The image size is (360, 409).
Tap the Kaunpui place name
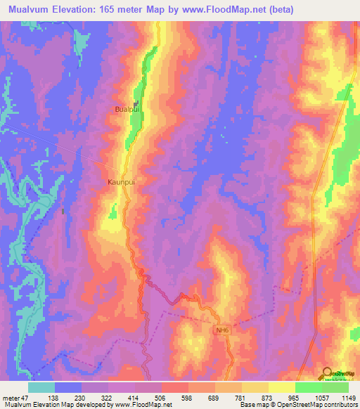(121, 181)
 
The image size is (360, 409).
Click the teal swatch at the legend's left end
(41, 387)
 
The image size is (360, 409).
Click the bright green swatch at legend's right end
(335, 387)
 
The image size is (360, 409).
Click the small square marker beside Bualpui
(136, 104)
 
